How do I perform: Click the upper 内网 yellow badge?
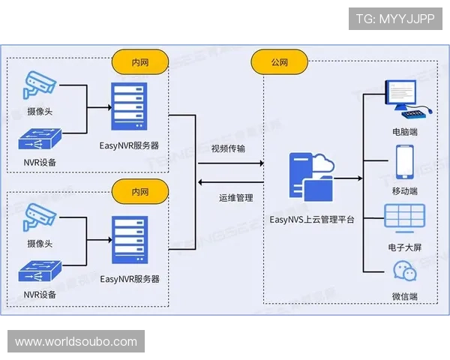[x=139, y=62]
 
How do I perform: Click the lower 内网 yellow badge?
[x=139, y=190]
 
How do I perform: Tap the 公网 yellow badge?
[x=280, y=62]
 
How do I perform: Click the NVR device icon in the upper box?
[x=40, y=139]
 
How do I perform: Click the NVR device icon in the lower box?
[x=40, y=271]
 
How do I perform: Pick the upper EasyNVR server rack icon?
[x=129, y=106]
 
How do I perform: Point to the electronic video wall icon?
[x=405, y=217]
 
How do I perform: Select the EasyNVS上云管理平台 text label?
[x=312, y=220]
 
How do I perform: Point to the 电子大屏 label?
[x=405, y=245]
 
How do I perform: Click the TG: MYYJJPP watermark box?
[x=395, y=19]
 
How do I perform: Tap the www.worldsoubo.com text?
[x=76, y=342]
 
